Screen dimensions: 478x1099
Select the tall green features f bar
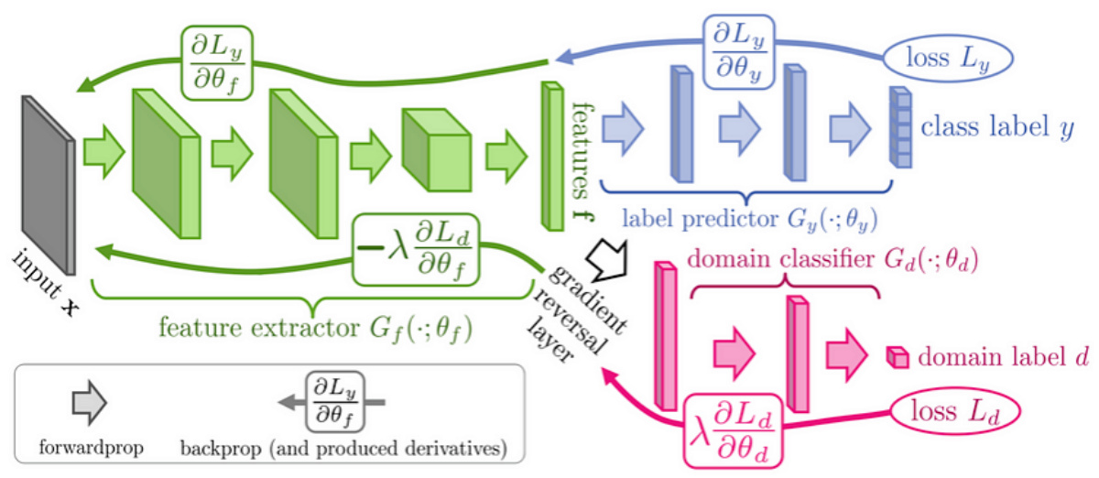551,156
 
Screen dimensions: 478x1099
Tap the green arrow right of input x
103,150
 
